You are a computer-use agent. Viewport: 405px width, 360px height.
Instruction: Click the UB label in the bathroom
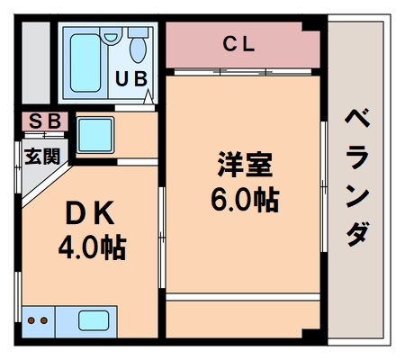[x=131, y=79]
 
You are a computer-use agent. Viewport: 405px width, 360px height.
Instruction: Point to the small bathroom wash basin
[x=111, y=37]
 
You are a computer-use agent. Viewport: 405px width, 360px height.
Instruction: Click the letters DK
[x=88, y=214]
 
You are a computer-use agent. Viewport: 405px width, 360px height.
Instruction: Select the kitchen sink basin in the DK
[x=95, y=320]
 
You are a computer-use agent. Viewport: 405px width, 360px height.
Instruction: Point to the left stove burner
[x=31, y=320]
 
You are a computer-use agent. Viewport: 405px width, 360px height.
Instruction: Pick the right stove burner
[x=43, y=320]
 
